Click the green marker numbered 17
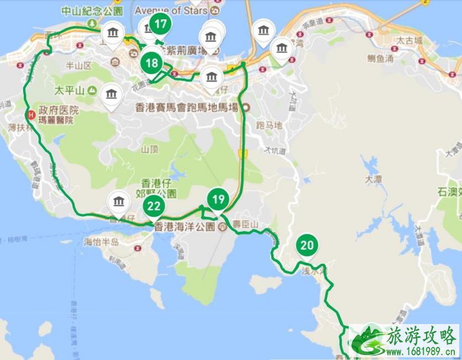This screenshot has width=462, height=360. point(161,24)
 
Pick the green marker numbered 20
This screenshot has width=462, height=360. point(307,246)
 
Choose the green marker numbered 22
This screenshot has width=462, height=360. point(154,207)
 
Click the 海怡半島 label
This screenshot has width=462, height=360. point(102,242)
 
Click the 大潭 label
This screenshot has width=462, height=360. point(374,179)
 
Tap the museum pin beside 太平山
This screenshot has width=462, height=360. point(111,96)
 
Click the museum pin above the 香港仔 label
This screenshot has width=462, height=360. point(119,202)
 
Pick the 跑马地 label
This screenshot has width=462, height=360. point(270,126)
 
